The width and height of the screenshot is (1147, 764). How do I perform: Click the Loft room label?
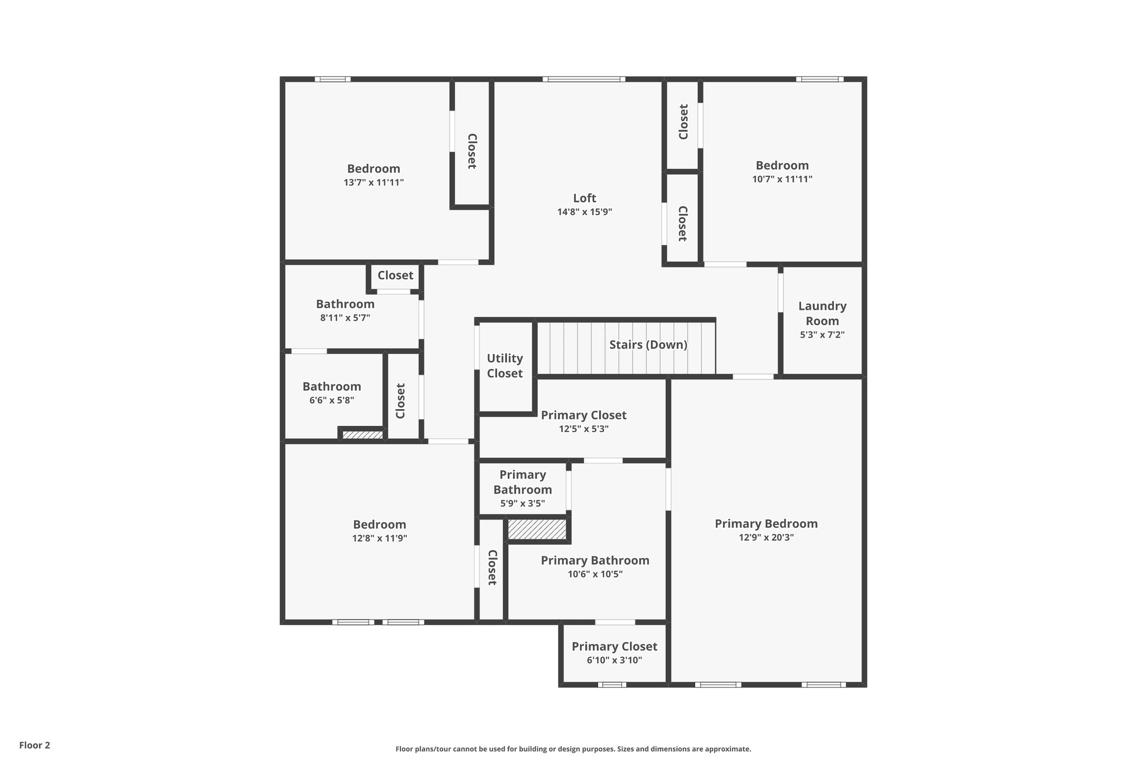pyautogui.click(x=584, y=198)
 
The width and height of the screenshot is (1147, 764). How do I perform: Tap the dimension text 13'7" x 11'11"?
pyautogui.click(x=374, y=182)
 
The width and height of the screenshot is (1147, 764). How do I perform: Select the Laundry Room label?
pyautogui.click(x=822, y=313)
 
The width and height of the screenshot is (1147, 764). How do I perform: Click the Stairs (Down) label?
pyautogui.click(x=648, y=345)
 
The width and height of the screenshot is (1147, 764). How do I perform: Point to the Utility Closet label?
pyautogui.click(x=505, y=365)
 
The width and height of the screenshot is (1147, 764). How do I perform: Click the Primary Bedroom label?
pyautogui.click(x=766, y=524)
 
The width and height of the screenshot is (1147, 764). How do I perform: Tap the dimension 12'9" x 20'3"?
pyautogui.click(x=766, y=538)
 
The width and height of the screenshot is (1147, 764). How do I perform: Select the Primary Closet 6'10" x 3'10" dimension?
pyautogui.click(x=614, y=660)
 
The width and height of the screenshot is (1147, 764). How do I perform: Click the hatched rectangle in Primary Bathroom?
pyautogui.click(x=537, y=529)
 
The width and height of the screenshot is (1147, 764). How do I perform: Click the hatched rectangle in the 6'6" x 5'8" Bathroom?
pyautogui.click(x=362, y=434)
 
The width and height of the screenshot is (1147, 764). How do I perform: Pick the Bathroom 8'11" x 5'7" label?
pyautogui.click(x=345, y=304)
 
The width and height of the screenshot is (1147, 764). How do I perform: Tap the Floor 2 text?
pyautogui.click(x=35, y=746)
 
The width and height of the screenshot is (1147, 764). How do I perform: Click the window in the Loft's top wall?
pyautogui.click(x=584, y=79)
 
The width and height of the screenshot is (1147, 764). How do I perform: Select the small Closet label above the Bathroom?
pyautogui.click(x=395, y=275)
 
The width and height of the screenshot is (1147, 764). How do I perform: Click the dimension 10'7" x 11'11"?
pyautogui.click(x=782, y=180)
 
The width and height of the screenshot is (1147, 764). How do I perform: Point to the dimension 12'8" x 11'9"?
pyautogui.click(x=379, y=538)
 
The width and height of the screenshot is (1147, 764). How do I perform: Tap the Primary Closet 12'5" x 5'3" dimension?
pyautogui.click(x=583, y=429)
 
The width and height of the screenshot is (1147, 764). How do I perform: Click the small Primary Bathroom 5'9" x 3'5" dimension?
pyautogui.click(x=522, y=504)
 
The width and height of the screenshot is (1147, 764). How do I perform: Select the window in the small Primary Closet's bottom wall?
pyautogui.click(x=612, y=685)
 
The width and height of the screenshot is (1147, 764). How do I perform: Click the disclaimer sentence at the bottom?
pyautogui.click(x=573, y=749)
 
